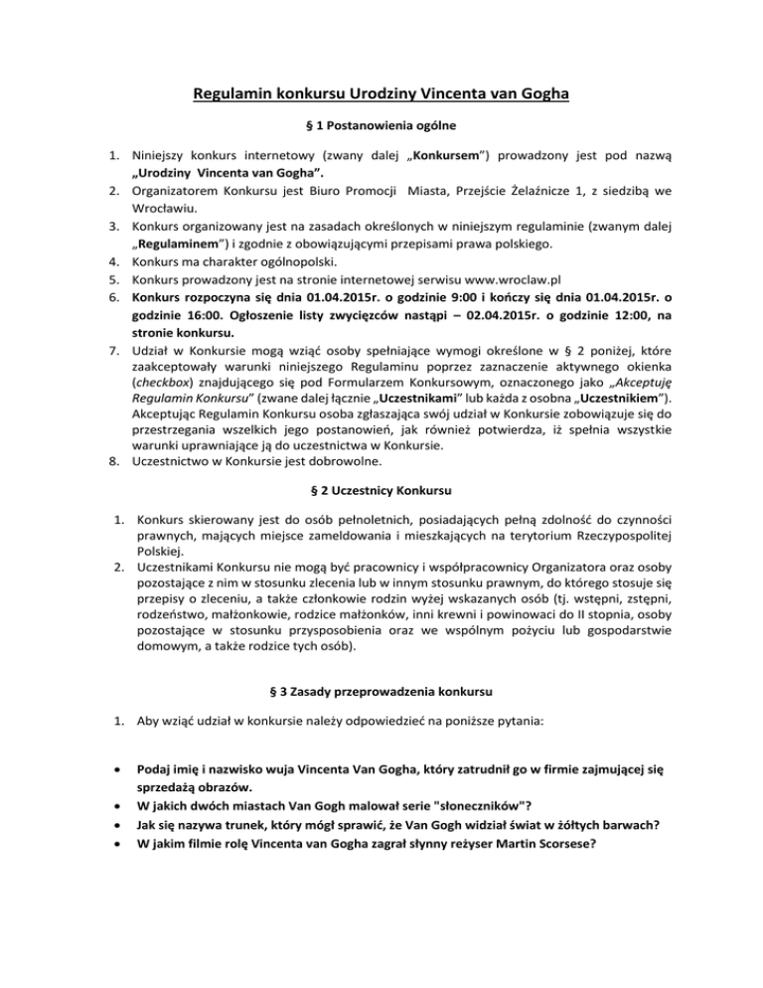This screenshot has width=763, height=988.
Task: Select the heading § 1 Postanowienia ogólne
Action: pos(381,128)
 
